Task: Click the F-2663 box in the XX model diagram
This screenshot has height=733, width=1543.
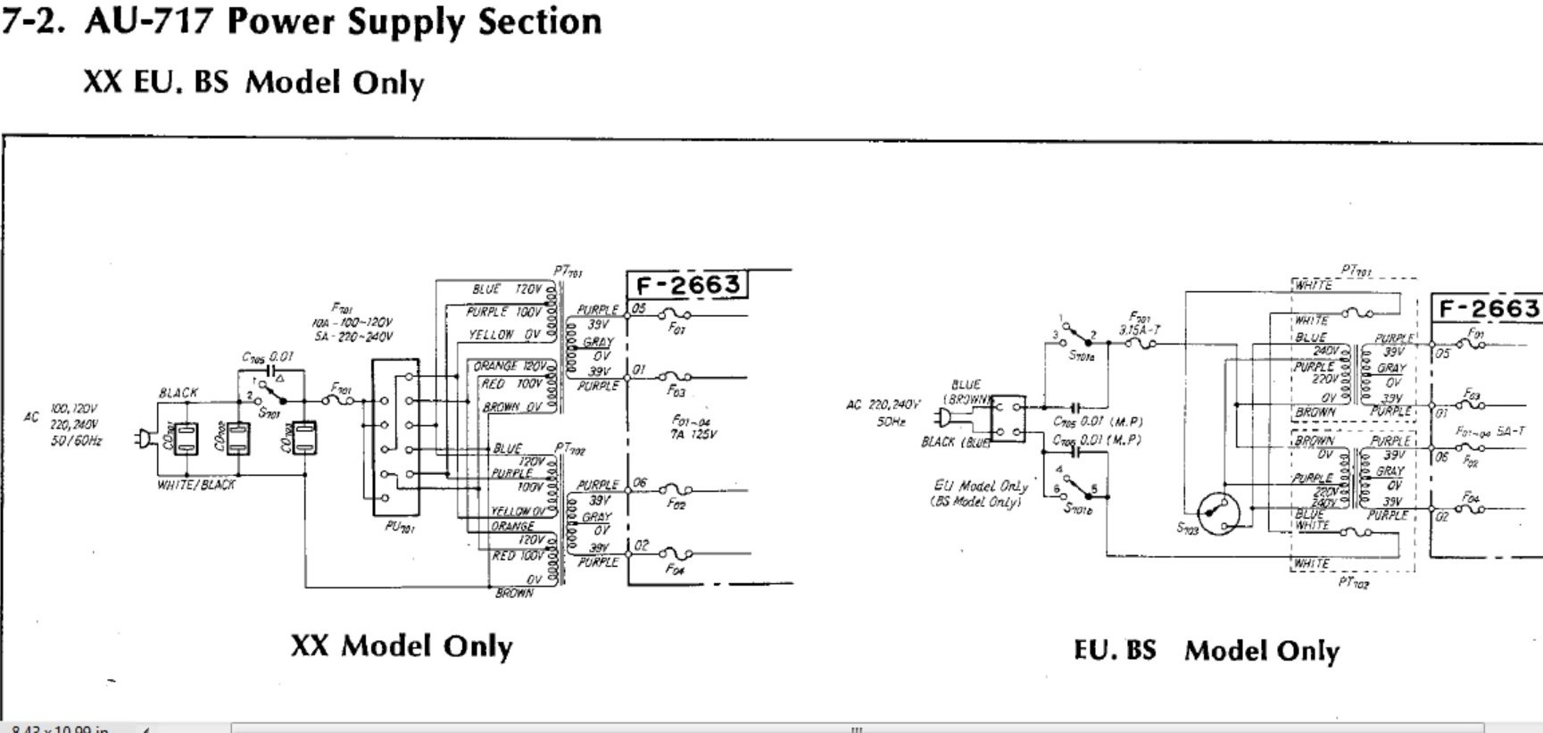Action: pos(687,285)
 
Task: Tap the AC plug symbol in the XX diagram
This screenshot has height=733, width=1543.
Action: pos(142,438)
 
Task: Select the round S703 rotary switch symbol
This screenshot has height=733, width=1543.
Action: pos(1219,513)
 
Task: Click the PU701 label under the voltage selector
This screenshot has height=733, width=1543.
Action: pos(398,528)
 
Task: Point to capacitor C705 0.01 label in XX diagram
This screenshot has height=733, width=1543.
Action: pos(268,356)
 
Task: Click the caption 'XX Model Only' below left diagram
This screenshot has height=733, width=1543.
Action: pos(402,646)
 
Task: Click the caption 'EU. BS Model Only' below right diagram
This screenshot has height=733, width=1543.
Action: pos(1206,650)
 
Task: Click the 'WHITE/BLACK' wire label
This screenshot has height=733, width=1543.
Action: pos(195,485)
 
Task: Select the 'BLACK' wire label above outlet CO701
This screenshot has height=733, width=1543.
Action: pos(178,393)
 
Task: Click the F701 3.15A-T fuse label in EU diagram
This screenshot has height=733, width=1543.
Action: pos(1139,323)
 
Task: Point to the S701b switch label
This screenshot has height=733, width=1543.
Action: pos(1079,507)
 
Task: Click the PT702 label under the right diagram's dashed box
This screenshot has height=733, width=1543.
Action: pos(1353,583)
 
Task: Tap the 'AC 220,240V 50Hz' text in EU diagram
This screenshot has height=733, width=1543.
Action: pos(883,412)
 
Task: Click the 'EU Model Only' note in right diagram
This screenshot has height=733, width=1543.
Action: pos(980,487)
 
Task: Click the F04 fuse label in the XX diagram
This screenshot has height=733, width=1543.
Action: pos(676,571)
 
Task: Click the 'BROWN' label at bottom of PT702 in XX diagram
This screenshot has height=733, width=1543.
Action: pos(514,593)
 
